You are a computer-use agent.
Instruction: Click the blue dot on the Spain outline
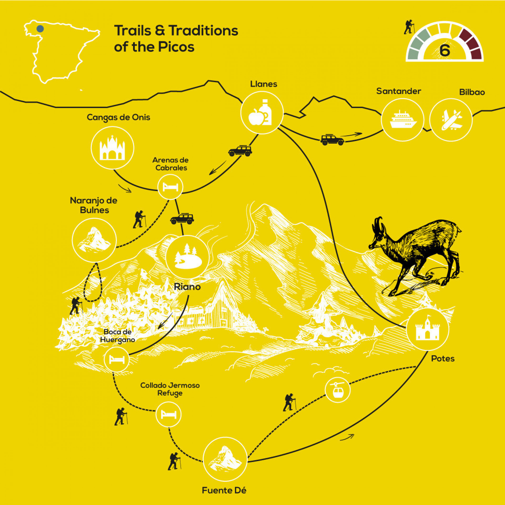point(40,29)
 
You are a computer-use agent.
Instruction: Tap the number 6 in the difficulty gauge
point(445,50)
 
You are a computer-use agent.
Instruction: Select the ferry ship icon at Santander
point(403,120)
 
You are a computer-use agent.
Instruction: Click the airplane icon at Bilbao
point(451,120)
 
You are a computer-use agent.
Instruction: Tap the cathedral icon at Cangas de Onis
point(112,148)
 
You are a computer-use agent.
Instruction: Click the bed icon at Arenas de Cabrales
point(170,187)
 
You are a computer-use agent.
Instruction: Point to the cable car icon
point(338,390)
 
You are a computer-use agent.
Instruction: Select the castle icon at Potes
point(427,329)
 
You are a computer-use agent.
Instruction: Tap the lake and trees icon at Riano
point(187,257)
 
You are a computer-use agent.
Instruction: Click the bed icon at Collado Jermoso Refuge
point(168,415)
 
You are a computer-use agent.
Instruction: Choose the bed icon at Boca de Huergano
point(117,359)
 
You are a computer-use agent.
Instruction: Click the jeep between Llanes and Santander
point(332,140)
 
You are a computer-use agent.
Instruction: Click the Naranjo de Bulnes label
point(94,205)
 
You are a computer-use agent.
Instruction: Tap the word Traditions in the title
point(203,31)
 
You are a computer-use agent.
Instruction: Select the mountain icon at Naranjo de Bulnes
point(94,240)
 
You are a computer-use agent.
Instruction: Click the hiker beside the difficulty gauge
point(409,27)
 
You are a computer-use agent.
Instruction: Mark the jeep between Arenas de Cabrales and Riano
point(182,219)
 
